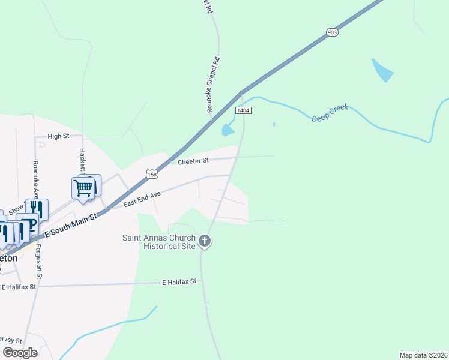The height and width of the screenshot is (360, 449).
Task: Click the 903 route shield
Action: pyautogui.click(x=333, y=32)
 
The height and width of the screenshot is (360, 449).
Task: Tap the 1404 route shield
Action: pyautogui.click(x=243, y=110)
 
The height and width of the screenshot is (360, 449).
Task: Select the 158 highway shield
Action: pyautogui.click(x=152, y=174)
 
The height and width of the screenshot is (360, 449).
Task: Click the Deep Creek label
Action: pyautogui.click(x=330, y=114)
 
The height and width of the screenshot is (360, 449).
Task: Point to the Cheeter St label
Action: pyautogui.click(x=193, y=161)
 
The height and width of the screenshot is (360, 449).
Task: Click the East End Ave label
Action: pyautogui.click(x=142, y=200)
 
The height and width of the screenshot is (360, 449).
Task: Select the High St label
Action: pyautogui.click(x=58, y=136)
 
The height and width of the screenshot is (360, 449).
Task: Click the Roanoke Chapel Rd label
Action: pyautogui.click(x=210, y=85)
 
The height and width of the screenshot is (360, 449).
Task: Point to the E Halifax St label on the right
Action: pyautogui.click(x=179, y=281)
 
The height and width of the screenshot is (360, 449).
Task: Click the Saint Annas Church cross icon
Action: pyautogui.click(x=205, y=242)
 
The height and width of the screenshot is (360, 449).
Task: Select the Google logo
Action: pyautogui.click(x=20, y=353)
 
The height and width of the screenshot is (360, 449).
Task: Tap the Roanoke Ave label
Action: pyautogui.click(x=35, y=179)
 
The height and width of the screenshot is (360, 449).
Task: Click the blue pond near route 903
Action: pyautogui.click(x=382, y=71)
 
